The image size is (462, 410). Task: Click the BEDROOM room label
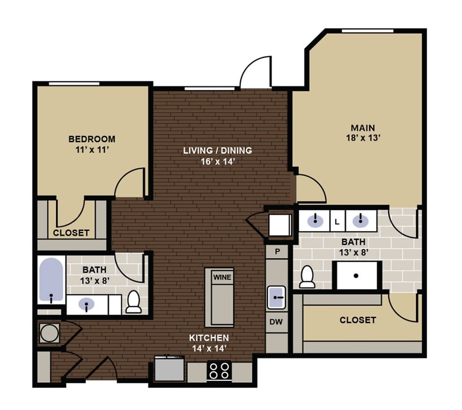click(92, 139)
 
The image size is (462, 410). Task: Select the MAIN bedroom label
click(363, 128)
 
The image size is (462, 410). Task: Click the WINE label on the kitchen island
click(222, 277)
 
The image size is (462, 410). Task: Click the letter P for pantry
click(278, 252)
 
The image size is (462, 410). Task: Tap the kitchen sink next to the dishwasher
click(277, 297)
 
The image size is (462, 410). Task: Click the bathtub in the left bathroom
click(51, 281)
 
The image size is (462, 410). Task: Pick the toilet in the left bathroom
click(133, 302)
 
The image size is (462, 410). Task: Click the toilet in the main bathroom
click(307, 277)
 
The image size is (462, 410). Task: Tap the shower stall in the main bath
click(356, 275)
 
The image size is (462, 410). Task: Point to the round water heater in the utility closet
click(49, 334)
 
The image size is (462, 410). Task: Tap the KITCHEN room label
click(209, 337)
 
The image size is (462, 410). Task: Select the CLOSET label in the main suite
click(358, 320)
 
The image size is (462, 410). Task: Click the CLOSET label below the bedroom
click(71, 233)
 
